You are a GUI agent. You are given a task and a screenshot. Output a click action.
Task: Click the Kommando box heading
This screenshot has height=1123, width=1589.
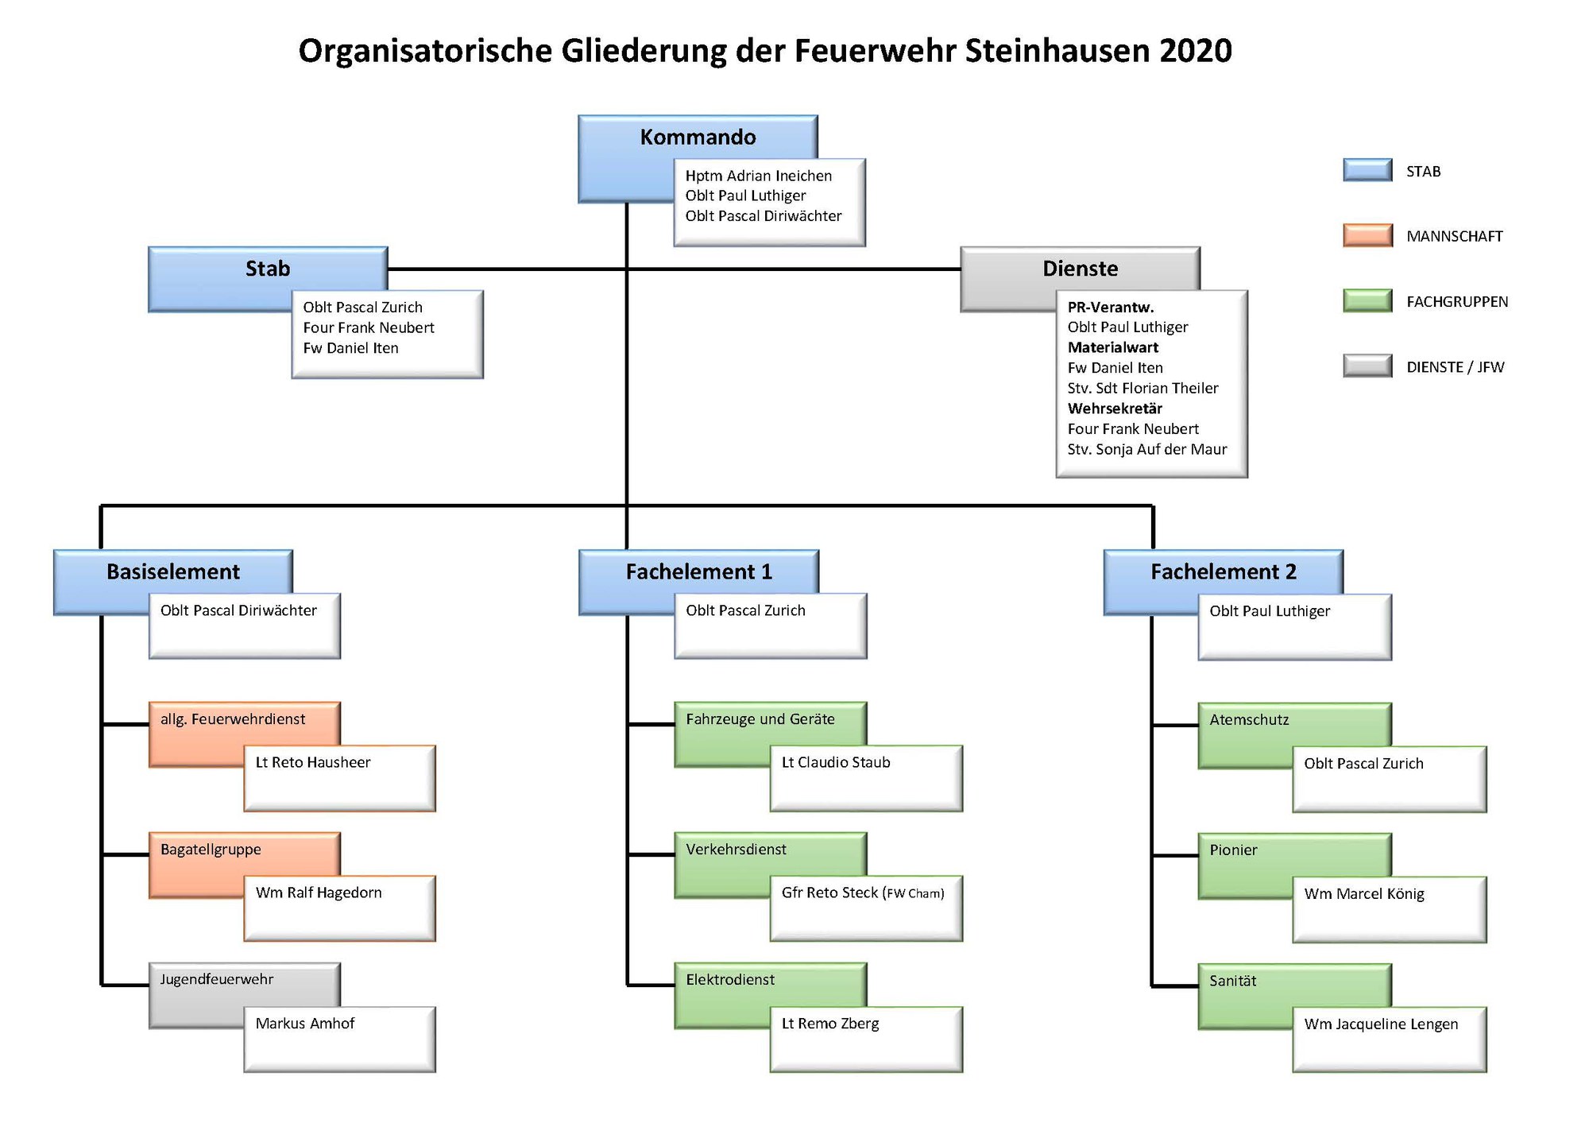click(698, 137)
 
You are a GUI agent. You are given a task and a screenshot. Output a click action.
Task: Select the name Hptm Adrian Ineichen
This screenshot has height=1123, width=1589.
click(759, 176)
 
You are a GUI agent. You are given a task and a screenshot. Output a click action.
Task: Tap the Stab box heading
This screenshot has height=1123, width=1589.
click(268, 269)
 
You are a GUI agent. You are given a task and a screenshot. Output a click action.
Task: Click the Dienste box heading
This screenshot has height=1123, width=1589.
click(1080, 269)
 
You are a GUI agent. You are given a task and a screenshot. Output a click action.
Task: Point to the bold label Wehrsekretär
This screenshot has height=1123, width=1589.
click(1115, 409)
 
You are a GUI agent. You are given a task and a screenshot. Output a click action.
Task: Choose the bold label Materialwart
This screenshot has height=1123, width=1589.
click(1112, 347)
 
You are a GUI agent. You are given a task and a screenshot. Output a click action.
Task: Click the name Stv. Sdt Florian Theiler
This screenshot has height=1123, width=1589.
click(1142, 388)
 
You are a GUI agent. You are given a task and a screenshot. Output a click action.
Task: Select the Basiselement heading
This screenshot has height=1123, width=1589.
click(173, 571)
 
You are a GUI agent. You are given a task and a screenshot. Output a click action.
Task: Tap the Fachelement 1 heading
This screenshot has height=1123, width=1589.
click(698, 571)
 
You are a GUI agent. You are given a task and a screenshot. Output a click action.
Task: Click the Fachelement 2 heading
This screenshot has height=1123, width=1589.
click(1223, 571)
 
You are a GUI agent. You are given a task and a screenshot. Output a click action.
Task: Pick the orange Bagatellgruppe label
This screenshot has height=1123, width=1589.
click(211, 850)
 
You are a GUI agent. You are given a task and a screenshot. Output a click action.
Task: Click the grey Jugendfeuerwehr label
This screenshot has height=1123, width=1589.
click(216, 979)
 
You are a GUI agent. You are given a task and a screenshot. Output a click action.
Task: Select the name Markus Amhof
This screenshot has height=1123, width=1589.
click(304, 1024)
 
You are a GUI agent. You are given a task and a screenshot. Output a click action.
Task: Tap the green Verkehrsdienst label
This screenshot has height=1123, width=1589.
click(736, 850)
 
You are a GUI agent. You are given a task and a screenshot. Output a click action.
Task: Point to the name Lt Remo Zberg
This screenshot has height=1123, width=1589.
click(830, 1024)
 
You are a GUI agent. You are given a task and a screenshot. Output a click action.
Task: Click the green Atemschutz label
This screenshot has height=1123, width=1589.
click(1249, 720)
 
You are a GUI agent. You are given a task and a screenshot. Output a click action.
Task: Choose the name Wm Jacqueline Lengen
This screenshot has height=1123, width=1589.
click(1381, 1024)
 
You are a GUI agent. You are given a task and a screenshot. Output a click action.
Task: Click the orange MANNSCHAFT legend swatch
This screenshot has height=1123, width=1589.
click(1367, 235)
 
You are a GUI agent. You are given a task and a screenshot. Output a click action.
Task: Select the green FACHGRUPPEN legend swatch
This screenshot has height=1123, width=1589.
click(1367, 300)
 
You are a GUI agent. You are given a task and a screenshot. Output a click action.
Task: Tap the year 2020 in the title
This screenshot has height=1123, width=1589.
click(1195, 51)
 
